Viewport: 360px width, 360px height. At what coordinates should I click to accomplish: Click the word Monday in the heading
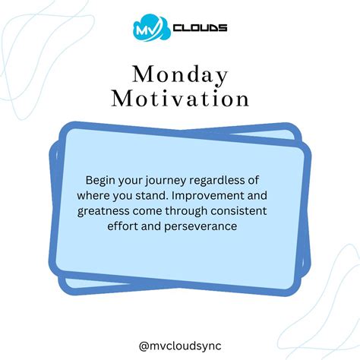pos(179,75)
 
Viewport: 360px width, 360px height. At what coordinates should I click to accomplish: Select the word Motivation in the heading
pos(179,99)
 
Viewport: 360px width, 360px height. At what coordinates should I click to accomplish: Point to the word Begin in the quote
pos(100,180)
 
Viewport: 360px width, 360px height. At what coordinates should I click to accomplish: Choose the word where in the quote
pos(105,194)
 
